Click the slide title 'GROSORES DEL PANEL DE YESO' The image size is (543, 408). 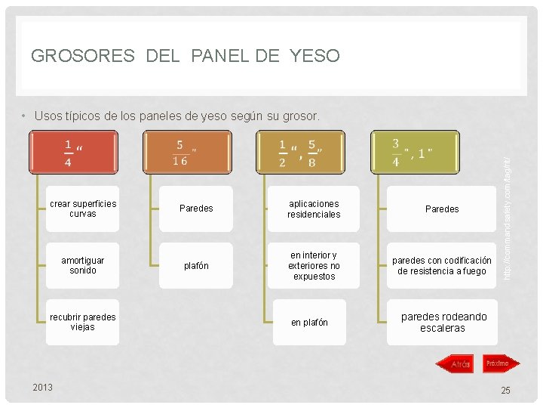point(186,56)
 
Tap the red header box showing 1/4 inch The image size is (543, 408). point(73,152)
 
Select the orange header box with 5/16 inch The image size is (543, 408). point(186,152)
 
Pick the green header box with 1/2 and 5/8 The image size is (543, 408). point(300,152)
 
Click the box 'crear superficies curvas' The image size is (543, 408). point(82,209)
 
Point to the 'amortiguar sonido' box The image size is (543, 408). point(82,265)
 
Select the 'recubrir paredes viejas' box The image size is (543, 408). point(82,322)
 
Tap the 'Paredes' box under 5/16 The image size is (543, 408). point(196,209)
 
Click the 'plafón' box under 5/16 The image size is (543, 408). point(196,265)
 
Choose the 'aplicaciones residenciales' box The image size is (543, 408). point(313,209)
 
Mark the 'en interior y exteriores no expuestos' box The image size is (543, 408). point(313,265)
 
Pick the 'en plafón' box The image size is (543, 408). point(310,322)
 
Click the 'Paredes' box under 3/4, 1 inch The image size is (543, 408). point(442,209)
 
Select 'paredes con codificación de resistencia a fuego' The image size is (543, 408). point(442,265)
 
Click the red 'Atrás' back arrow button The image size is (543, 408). point(456,364)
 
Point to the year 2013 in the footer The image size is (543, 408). point(43,387)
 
